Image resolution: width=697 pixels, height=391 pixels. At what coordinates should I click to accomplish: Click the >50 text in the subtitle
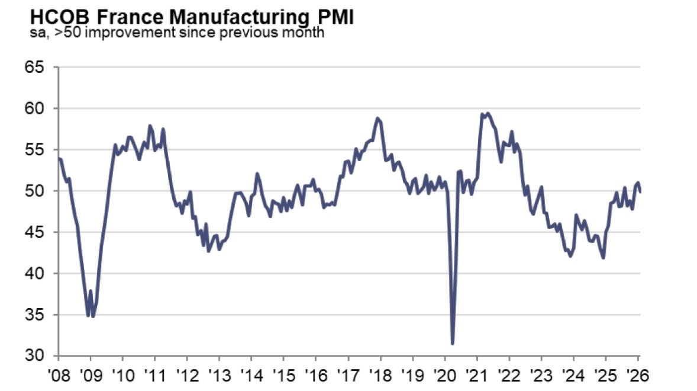[x=64, y=33]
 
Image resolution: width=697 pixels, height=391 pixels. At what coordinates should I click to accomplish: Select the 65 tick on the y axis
[x=36, y=67]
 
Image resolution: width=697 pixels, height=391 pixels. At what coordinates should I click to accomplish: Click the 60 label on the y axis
[x=36, y=108]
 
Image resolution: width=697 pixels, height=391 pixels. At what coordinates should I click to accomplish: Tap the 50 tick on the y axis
[x=36, y=191]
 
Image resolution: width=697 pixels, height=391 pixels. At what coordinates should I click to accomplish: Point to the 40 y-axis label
[x=36, y=273]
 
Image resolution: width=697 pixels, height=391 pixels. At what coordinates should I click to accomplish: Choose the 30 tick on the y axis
[x=36, y=355]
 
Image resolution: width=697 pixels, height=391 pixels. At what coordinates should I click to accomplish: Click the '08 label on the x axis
[x=59, y=376]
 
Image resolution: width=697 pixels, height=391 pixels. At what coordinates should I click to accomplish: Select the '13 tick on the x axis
[x=219, y=376]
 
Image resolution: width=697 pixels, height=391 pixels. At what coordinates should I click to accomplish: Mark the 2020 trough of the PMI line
[x=453, y=344]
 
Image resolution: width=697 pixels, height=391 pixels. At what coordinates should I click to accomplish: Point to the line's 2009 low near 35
[x=89, y=316]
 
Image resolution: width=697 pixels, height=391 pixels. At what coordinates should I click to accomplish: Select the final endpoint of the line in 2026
[x=640, y=191]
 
